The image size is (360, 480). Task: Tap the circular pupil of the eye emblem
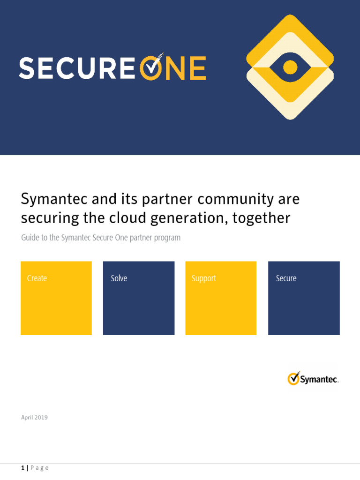click(x=290, y=67)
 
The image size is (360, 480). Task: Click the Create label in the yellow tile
click(x=37, y=278)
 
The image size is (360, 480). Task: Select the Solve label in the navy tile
click(x=119, y=278)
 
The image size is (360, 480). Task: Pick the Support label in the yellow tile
click(x=204, y=278)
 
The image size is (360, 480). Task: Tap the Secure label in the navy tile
click(x=286, y=278)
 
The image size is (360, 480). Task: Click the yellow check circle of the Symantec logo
click(x=293, y=378)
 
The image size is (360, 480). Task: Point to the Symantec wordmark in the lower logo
click(x=319, y=380)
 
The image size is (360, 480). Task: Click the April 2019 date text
click(x=34, y=417)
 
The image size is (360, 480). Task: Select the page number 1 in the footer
click(x=22, y=468)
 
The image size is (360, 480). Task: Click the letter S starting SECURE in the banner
click(x=27, y=68)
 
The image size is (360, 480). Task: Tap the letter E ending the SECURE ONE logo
click(x=197, y=68)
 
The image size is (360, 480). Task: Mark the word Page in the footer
click(x=39, y=468)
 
